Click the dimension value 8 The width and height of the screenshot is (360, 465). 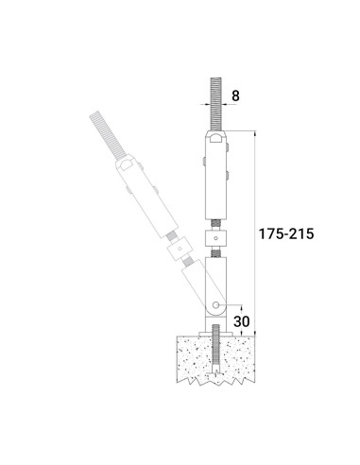click(x=235, y=95)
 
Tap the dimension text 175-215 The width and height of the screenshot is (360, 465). click(x=286, y=233)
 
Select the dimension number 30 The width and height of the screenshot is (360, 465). click(x=242, y=321)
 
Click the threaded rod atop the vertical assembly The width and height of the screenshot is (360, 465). click(x=216, y=104)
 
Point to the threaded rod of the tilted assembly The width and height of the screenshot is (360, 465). click(x=108, y=135)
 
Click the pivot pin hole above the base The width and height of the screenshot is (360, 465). click(x=215, y=305)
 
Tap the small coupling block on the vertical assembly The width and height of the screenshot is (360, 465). click(x=215, y=238)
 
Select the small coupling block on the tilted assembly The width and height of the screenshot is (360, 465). click(x=180, y=250)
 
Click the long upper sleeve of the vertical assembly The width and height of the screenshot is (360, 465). click(x=216, y=175)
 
